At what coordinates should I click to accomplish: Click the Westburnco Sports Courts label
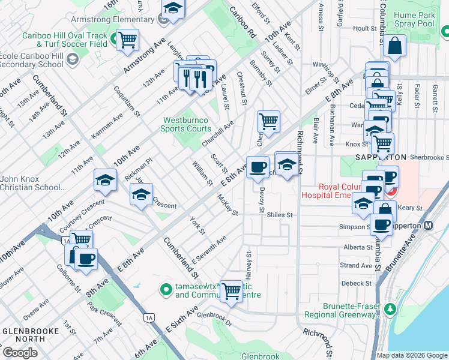click(187, 124)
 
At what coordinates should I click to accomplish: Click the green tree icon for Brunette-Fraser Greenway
click(391, 309)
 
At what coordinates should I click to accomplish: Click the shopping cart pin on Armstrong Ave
click(127, 40)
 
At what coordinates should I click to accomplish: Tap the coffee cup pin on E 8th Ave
click(258, 167)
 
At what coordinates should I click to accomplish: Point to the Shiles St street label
click(280, 215)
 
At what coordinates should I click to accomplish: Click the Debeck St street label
click(356, 283)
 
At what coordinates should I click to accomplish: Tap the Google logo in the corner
click(20, 353)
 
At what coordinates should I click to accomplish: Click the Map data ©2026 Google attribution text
click(412, 355)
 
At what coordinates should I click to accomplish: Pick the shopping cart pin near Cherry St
click(269, 122)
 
